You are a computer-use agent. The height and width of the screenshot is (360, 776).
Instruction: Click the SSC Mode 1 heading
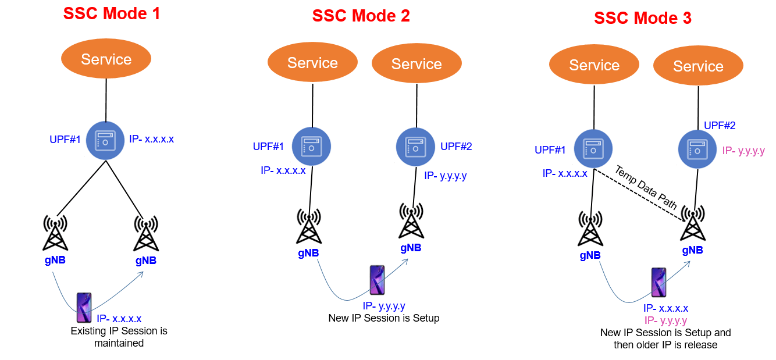[x=112, y=13]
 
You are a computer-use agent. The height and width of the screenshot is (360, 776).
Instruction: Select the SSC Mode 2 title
[x=361, y=16]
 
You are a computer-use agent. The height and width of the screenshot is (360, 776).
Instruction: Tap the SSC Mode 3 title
[x=642, y=18]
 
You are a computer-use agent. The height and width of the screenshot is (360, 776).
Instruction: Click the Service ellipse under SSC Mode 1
[x=106, y=59]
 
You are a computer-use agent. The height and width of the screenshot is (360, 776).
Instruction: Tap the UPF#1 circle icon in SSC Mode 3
[x=593, y=149]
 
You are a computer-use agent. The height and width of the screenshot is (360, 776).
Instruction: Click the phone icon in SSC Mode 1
[x=84, y=308]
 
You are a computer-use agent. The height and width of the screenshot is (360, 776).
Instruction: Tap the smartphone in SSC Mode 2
[x=377, y=280]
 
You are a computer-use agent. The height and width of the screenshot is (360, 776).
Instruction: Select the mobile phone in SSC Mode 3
[x=658, y=283]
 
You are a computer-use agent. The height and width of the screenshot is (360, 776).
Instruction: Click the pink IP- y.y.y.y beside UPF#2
[x=743, y=151]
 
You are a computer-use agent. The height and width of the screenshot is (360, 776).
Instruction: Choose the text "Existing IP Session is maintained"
[x=119, y=337]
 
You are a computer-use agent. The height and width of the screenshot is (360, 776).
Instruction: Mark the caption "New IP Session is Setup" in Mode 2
[x=383, y=318]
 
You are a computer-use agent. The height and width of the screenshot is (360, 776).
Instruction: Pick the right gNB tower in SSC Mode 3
[x=693, y=224]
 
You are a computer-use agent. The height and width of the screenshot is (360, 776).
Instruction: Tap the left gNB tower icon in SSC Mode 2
[x=308, y=227]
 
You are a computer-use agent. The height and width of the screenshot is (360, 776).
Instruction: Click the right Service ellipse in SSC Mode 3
[x=698, y=66]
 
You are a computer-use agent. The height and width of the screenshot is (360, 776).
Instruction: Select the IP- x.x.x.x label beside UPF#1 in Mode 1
[x=151, y=140]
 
